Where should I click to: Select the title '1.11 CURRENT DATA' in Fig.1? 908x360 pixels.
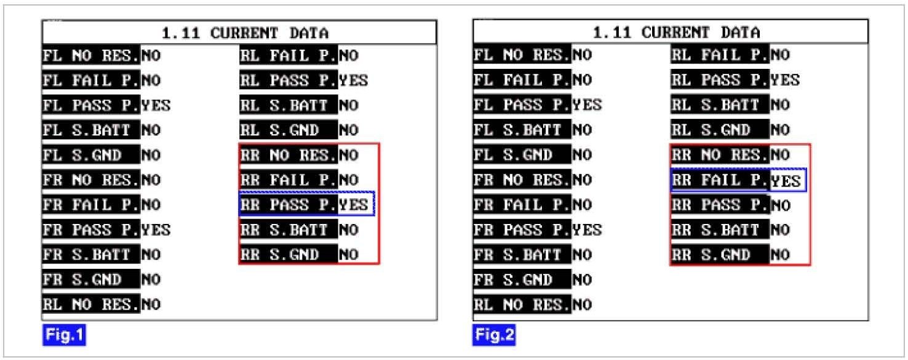pyautogui.click(x=239, y=33)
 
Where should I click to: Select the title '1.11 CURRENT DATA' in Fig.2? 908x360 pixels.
pyautogui.click(x=671, y=33)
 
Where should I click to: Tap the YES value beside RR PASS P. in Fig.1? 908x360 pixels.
pyautogui.click(x=354, y=205)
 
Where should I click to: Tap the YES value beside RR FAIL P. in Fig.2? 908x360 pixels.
pyautogui.click(x=786, y=181)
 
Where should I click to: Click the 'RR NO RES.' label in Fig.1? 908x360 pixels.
pyautogui.click(x=288, y=155)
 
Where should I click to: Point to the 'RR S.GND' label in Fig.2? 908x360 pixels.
pyautogui.click(x=719, y=255)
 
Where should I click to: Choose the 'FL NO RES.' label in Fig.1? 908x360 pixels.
pyautogui.click(x=91, y=56)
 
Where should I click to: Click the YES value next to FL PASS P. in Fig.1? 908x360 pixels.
pyautogui.click(x=156, y=105)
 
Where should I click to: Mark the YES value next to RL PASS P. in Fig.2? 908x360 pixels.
pyautogui.click(x=785, y=80)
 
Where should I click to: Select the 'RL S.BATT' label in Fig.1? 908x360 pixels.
pyautogui.click(x=288, y=105)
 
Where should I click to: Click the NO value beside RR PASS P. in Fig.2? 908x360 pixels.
pyautogui.click(x=780, y=205)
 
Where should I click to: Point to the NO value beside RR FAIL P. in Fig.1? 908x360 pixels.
pyautogui.click(x=348, y=180)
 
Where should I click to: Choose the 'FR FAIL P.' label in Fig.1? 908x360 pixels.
pyautogui.click(x=91, y=205)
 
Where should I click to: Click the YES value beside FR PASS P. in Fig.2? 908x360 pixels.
pyautogui.click(x=587, y=230)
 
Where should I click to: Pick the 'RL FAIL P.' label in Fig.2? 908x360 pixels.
pyautogui.click(x=719, y=56)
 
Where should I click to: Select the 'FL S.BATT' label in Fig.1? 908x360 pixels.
pyautogui.click(x=91, y=130)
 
